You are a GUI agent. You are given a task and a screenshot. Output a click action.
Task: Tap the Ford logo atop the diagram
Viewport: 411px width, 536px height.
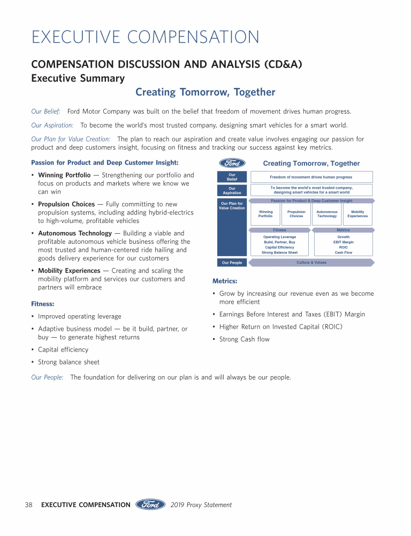(232, 163)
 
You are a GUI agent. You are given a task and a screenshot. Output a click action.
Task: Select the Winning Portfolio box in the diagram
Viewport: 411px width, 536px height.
(265, 214)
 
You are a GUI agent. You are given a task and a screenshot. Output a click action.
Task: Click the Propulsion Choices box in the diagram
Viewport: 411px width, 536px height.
(296, 214)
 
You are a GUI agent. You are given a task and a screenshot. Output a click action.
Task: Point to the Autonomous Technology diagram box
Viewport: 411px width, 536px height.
(327, 214)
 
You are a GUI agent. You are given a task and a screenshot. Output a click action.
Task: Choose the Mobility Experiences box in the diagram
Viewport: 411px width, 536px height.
(357, 214)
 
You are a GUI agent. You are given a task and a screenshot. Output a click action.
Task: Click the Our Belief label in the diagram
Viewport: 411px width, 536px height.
(232, 177)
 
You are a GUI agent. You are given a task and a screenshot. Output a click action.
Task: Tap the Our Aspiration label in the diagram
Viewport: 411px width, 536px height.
(232, 190)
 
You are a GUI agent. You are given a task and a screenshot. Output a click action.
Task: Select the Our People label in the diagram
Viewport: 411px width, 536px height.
(232, 263)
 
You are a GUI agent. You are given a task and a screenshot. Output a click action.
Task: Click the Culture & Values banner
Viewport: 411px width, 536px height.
(311, 263)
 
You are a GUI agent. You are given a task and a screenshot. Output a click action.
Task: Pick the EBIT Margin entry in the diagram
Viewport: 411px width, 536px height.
(343, 242)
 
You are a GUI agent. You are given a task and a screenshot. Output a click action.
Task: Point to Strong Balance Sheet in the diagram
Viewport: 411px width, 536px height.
(279, 252)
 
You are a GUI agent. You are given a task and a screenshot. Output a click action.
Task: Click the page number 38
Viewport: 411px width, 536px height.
(28, 505)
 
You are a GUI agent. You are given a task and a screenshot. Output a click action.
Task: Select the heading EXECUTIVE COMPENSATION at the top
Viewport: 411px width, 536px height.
(146, 38)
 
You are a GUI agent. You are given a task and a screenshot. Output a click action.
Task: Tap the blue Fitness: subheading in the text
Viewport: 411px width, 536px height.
(42, 304)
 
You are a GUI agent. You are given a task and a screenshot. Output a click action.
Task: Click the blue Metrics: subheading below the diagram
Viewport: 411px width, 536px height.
(225, 281)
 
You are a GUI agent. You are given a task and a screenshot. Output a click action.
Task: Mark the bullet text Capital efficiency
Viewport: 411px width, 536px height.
(63, 349)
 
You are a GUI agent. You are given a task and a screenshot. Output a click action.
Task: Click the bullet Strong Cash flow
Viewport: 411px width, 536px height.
(245, 339)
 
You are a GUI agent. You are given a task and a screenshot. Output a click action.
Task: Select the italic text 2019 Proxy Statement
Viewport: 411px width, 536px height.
(201, 505)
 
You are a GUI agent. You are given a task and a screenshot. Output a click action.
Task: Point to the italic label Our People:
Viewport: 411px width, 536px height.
(47, 377)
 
